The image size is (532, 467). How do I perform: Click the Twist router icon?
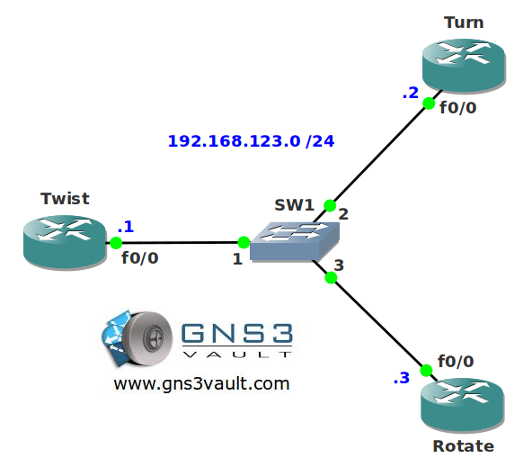click(x=65, y=243)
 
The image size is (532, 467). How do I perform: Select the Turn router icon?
click(x=464, y=66)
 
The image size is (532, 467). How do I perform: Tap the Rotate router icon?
click(x=463, y=405)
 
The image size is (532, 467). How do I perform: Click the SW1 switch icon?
click(x=295, y=241)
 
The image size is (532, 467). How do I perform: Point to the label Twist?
click(x=65, y=199)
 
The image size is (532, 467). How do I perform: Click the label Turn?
click(x=464, y=22)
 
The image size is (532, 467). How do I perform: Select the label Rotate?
click(x=464, y=446)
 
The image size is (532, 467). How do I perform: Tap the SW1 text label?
click(x=294, y=205)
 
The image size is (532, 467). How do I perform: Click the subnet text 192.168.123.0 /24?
click(x=251, y=141)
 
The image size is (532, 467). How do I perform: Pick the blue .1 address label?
click(x=126, y=227)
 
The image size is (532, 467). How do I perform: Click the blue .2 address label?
click(x=410, y=93)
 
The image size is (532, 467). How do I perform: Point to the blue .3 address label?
click(x=402, y=378)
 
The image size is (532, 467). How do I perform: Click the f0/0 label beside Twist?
click(x=140, y=257)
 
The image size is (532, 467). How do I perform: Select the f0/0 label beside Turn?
click(x=458, y=108)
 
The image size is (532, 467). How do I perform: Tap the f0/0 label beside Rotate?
click(x=456, y=362)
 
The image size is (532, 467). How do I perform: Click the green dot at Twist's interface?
click(x=116, y=243)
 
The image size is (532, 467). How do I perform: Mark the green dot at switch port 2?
click(x=330, y=205)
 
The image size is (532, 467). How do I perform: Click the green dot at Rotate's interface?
click(x=426, y=371)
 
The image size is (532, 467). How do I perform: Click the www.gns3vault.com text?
click(x=201, y=384)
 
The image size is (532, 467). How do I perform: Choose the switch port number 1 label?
click(x=237, y=259)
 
